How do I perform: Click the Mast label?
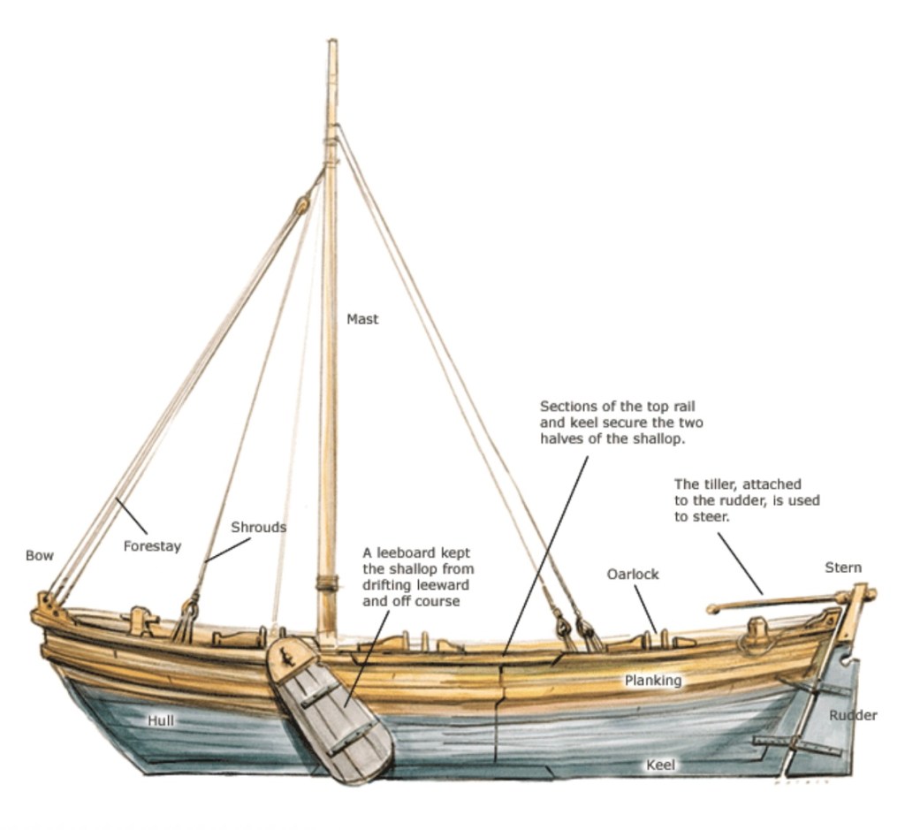362,319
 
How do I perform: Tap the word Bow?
39,556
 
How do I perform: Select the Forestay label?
152,546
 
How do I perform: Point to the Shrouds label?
258,527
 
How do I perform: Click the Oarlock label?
633,574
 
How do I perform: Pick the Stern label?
843,567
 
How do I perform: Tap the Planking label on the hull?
653,680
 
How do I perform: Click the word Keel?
661,765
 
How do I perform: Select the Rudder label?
853,715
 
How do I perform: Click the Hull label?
161,720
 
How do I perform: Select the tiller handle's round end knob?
711,608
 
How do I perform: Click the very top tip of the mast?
332,42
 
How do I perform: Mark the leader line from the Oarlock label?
644,609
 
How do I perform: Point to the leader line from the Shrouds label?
227,550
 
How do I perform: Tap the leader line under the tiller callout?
740,563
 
